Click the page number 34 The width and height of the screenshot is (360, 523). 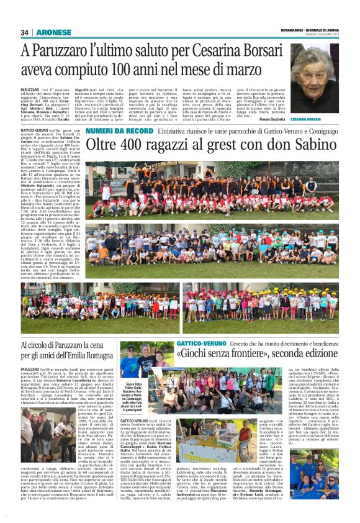click(24, 32)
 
